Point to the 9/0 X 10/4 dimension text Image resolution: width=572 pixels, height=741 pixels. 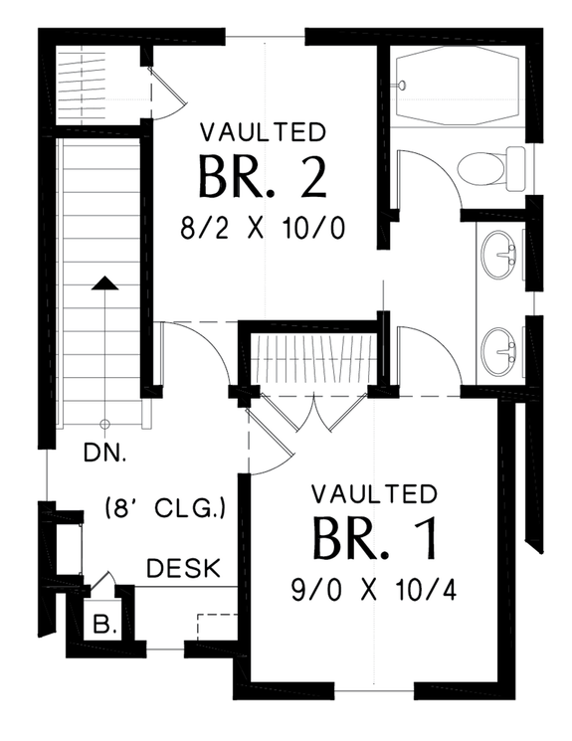pyautogui.click(x=375, y=590)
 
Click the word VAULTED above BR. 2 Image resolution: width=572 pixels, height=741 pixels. pyautogui.click(x=263, y=132)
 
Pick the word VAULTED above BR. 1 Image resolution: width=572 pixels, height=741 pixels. pyautogui.click(x=374, y=493)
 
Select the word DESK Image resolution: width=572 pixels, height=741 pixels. pyautogui.click(x=184, y=569)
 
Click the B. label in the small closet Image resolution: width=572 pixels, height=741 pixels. pyautogui.click(x=103, y=627)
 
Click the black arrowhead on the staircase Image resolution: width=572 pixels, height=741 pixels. pyautogui.click(x=104, y=283)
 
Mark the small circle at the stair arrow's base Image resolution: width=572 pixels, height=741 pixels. pyautogui.click(x=104, y=422)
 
